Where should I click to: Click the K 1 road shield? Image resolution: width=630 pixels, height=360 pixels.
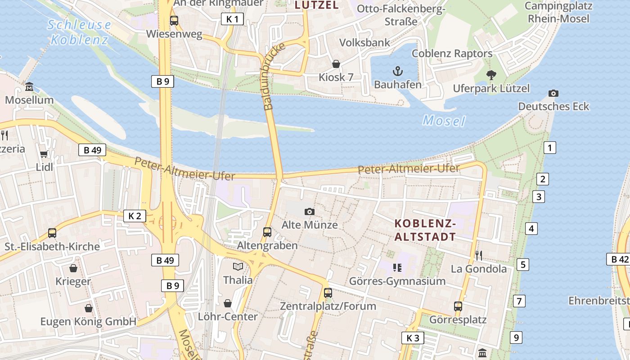[x=233, y=19]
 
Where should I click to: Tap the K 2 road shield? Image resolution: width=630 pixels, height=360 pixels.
[x=135, y=216]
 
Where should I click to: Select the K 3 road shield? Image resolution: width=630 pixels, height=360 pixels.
[x=412, y=338]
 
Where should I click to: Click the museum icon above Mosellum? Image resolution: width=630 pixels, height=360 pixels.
[x=29, y=86]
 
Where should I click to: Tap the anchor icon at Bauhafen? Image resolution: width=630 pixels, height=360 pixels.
[x=397, y=71]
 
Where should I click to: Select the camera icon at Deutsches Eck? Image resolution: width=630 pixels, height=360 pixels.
[x=553, y=94]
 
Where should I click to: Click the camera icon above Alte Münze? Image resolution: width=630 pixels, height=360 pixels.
[x=309, y=211]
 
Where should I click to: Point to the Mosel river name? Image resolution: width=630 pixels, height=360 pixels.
[x=444, y=121]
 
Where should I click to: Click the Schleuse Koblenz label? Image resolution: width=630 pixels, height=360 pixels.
[x=79, y=32]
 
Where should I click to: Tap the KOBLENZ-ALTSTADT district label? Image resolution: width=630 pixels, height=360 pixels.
[x=425, y=230]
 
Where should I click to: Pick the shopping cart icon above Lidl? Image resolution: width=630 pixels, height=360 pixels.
[x=44, y=154]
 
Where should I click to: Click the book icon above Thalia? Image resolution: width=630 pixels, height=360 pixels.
[x=238, y=266]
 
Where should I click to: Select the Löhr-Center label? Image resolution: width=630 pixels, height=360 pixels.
[x=228, y=316]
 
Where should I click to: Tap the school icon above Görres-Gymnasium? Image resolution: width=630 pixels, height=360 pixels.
[x=397, y=268]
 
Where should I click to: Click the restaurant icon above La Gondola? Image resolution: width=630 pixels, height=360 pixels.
[x=478, y=256]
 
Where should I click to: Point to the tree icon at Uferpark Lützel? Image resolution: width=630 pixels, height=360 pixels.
[x=491, y=75]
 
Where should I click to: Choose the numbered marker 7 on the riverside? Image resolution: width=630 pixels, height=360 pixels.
[x=519, y=301]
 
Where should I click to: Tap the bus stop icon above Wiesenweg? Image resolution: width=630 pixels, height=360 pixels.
[x=174, y=21]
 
